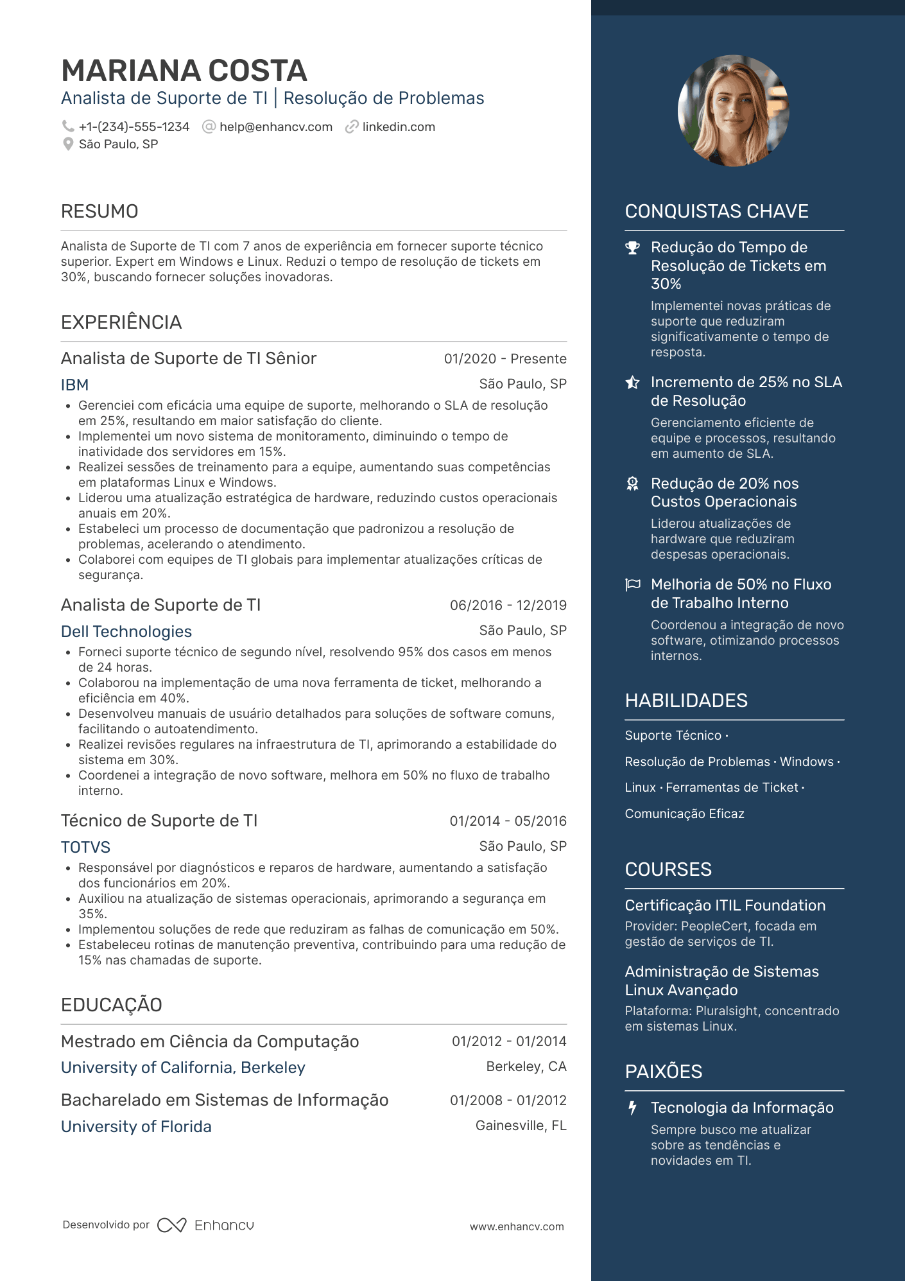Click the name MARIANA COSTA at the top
point(184,71)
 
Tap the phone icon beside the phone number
point(67,126)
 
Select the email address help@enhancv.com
point(275,127)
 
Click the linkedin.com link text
point(398,127)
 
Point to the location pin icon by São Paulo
point(67,144)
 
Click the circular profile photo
point(733,110)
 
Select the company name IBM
point(74,385)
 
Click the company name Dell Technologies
point(126,631)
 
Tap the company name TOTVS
point(85,847)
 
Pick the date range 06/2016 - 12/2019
point(508,605)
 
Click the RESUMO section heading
point(99,211)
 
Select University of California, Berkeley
point(183,1067)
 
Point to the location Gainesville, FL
point(521,1126)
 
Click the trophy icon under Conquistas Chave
point(633,248)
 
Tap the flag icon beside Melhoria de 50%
point(633,584)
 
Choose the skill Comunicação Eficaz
point(684,814)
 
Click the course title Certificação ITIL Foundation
point(725,905)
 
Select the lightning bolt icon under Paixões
point(633,1108)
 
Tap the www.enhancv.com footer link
point(517,1226)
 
